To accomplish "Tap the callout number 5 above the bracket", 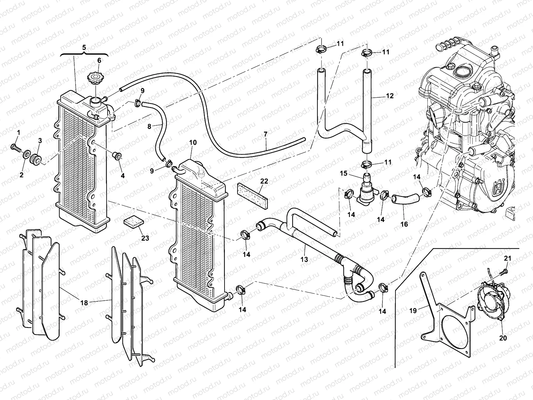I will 84,47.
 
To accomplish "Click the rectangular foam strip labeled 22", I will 253,194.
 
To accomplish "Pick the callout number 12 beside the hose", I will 389,96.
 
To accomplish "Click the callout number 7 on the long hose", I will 266,134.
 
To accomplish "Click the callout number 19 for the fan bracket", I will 413,310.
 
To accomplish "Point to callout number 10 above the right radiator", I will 193,143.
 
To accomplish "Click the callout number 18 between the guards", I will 84,303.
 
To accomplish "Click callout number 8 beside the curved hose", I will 149,127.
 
